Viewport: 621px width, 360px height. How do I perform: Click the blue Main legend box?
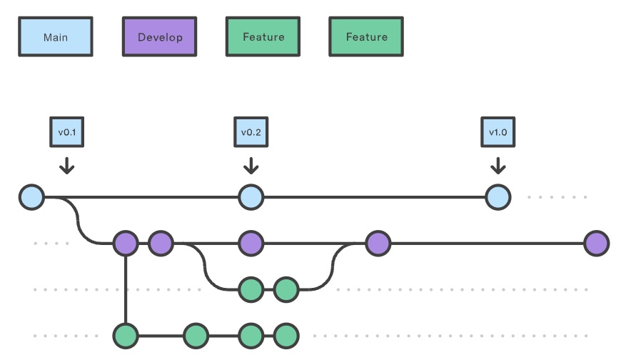click(55, 37)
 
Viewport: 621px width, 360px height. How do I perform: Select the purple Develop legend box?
click(159, 37)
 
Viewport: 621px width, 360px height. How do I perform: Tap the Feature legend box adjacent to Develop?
click(263, 37)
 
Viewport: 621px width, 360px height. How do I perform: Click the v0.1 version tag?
click(66, 132)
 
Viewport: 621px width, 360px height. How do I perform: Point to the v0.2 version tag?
click(251, 132)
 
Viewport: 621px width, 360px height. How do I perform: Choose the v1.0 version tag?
click(498, 132)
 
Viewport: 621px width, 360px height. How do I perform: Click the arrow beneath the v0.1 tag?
click(66, 166)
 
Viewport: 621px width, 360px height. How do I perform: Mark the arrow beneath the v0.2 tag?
click(251, 166)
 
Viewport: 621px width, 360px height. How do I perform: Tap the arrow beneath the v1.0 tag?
click(498, 166)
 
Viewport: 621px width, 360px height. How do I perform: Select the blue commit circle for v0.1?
click(31, 196)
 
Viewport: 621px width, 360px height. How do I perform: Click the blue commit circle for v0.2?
click(251, 196)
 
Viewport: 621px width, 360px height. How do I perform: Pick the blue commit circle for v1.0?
click(498, 196)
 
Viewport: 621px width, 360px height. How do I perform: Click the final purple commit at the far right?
click(596, 244)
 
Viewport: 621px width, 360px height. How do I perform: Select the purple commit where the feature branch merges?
click(378, 244)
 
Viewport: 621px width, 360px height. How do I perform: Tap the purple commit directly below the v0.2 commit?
click(251, 244)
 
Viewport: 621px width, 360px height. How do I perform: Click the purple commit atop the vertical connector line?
click(126, 244)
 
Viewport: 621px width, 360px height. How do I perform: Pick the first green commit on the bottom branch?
click(126, 335)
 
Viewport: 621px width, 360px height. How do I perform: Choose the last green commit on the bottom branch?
click(286, 335)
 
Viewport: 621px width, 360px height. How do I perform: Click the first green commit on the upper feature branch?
click(251, 289)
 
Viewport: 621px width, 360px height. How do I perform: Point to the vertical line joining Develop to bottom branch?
click(126, 289)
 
